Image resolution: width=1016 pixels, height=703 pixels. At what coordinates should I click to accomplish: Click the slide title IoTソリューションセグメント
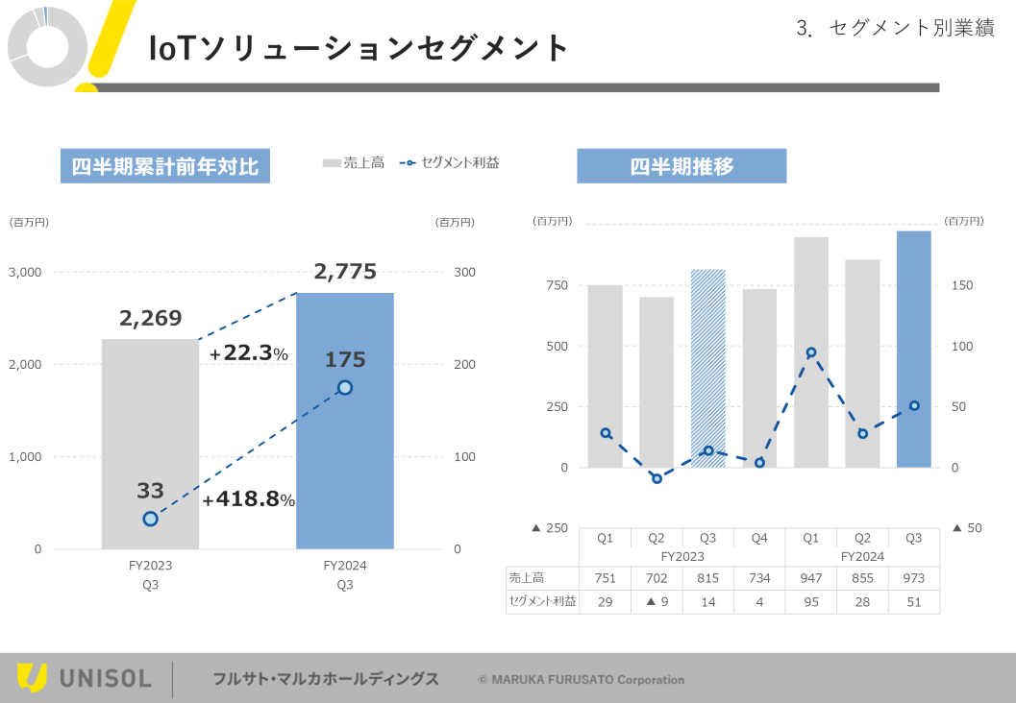pyautogui.click(x=359, y=48)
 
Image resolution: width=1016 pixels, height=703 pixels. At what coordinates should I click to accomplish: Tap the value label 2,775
pyautogui.click(x=345, y=272)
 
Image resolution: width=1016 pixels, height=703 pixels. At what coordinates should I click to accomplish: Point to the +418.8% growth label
pyautogui.click(x=248, y=499)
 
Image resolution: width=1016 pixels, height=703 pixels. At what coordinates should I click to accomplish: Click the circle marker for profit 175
pyautogui.click(x=345, y=387)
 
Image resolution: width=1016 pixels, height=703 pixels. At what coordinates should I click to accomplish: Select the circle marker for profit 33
pyautogui.click(x=150, y=519)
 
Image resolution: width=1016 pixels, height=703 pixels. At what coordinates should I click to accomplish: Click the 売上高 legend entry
pyautogui.click(x=354, y=163)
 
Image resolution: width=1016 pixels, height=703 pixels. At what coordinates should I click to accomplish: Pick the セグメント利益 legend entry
pyautogui.click(x=450, y=163)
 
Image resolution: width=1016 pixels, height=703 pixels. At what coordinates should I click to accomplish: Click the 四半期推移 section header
pyautogui.click(x=681, y=166)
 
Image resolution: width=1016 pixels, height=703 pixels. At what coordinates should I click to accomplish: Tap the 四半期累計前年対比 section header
pyautogui.click(x=164, y=166)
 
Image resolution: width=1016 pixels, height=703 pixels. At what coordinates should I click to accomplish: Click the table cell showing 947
pyautogui.click(x=810, y=578)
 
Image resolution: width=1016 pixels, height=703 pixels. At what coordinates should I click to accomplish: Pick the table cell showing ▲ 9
pyautogui.click(x=657, y=602)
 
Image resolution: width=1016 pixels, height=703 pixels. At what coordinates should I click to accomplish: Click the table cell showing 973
pyautogui.click(x=913, y=578)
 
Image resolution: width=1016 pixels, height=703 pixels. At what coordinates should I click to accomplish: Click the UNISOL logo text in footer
pyautogui.click(x=106, y=679)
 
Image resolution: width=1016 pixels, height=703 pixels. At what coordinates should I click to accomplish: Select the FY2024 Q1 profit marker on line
pyautogui.click(x=811, y=352)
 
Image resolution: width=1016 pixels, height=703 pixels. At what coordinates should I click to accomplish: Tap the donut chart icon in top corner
pyautogui.click(x=44, y=44)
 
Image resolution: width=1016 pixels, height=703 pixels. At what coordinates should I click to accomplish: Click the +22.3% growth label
pyautogui.click(x=248, y=354)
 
